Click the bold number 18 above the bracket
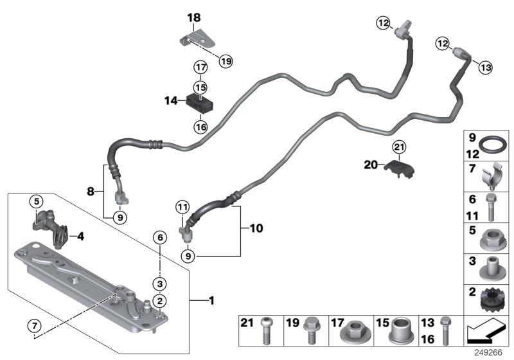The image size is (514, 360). point(194,17)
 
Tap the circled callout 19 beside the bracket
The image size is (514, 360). point(224,61)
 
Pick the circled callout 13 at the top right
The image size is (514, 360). point(484,67)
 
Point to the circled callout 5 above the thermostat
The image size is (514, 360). point(37,201)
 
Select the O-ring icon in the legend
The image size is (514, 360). point(492,144)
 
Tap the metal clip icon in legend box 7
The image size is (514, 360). point(492,175)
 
